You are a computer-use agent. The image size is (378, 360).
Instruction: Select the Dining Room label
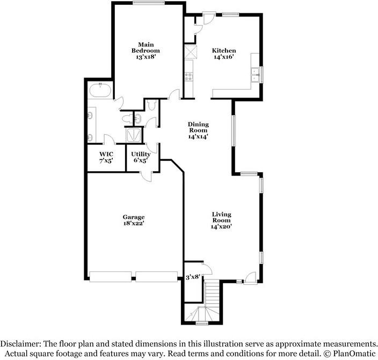point(198,130)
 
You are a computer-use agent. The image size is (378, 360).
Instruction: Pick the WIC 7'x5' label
point(106,157)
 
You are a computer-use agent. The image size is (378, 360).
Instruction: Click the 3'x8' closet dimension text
point(192,277)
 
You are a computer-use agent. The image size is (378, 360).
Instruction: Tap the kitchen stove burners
point(189,77)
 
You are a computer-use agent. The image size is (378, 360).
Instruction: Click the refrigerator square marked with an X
point(190,53)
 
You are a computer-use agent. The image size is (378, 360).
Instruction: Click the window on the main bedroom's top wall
point(149,3)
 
